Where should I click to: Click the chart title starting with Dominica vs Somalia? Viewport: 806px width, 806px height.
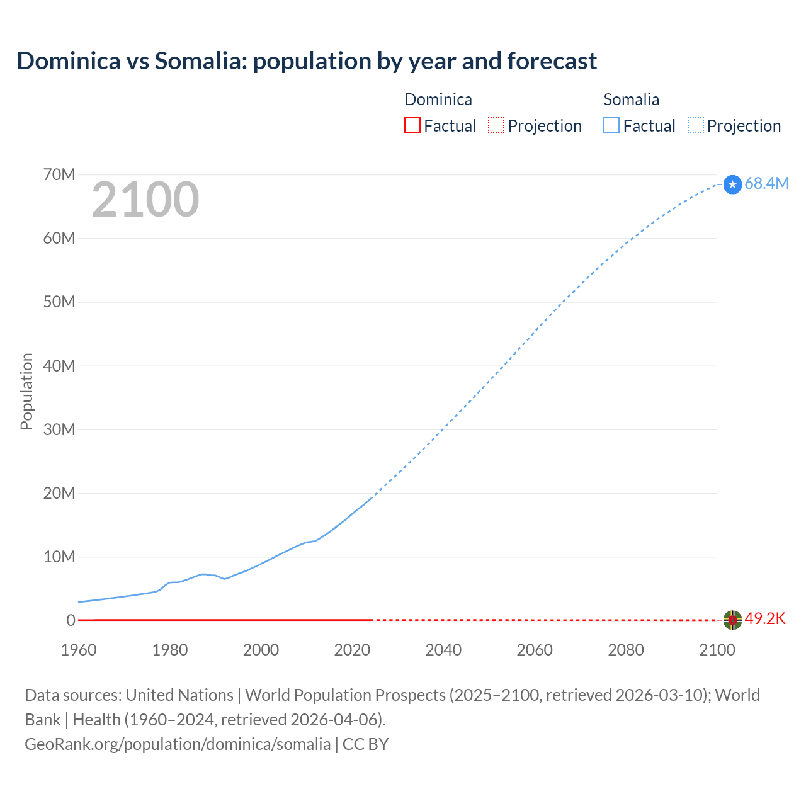307,61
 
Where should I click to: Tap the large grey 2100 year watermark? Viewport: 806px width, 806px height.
145,200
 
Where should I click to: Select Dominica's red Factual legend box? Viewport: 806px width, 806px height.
412,125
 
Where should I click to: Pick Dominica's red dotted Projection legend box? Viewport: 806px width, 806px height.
496,125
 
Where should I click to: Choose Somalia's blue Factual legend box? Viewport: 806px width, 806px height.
611,125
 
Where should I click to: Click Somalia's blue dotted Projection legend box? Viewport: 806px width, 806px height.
696,125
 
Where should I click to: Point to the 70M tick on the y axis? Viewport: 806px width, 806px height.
59,174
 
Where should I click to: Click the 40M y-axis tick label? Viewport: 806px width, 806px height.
59,366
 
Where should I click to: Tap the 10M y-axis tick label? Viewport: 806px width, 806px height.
59,557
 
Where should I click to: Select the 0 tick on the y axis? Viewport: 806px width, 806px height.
71,620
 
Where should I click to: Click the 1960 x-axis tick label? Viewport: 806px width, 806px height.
79,650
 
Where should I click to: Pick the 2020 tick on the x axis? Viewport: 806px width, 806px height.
352,650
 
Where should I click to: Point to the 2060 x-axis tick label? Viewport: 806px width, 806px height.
535,650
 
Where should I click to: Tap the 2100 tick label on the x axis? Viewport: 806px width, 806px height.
717,650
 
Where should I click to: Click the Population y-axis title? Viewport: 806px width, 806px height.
26,391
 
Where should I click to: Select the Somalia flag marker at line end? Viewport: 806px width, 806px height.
732,184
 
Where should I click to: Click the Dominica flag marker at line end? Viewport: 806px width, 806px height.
732,620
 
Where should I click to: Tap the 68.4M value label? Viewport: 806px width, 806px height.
766,183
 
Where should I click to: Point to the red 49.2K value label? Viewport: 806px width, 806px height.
765,619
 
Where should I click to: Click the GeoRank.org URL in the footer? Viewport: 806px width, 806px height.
178,744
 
